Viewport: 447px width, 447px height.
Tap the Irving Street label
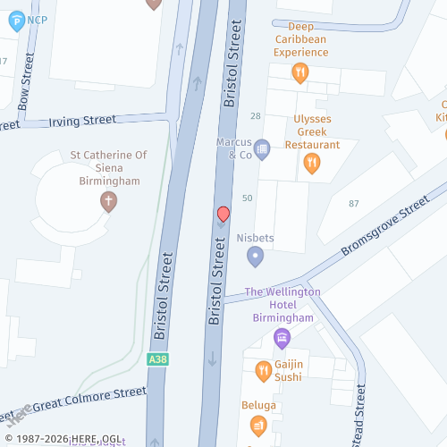point(82,119)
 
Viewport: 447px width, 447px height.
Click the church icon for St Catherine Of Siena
point(108,202)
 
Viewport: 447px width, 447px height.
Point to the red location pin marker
point(223,215)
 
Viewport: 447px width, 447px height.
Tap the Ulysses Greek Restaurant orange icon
point(311,162)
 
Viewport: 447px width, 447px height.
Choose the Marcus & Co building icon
point(262,148)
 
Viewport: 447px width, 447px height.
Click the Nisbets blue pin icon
point(255,257)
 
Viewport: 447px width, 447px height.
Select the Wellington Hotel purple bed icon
point(282,337)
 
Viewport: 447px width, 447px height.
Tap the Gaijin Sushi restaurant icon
point(263,369)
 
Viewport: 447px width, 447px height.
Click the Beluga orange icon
point(258,426)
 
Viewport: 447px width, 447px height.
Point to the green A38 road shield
point(157,359)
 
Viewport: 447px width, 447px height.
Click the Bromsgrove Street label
point(386,231)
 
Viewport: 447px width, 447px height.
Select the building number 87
point(354,204)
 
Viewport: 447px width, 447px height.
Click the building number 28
point(256,116)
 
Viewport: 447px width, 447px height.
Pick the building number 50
point(248,198)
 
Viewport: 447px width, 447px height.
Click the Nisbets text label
point(255,239)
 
